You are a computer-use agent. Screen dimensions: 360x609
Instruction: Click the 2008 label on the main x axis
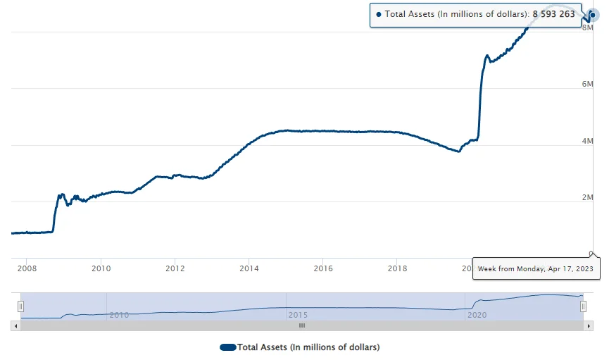[27, 268]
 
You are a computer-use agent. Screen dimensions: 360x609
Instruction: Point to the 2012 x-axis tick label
[175, 268]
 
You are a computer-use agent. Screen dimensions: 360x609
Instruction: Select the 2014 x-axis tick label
[249, 268]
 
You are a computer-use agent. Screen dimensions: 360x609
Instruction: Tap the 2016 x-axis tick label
[323, 268]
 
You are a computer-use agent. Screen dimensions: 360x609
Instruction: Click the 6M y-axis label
[587, 84]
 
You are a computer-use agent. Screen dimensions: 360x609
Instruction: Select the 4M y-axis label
[587, 141]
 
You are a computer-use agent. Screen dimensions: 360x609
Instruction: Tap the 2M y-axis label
[587, 197]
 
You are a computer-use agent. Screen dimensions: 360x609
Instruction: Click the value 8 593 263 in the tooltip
[553, 14]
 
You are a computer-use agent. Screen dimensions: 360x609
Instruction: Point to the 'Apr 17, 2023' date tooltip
[536, 268]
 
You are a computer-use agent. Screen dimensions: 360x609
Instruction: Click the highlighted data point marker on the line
[593, 14]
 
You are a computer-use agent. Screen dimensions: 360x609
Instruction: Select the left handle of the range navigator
[20, 306]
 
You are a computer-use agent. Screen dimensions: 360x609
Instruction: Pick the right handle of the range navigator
[584, 306]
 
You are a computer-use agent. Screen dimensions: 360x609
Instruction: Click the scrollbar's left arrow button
[15, 325]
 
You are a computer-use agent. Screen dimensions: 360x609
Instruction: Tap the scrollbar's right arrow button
[589, 325]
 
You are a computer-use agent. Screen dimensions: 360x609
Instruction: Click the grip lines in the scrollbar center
[302, 325]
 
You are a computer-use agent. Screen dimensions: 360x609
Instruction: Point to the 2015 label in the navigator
[298, 314]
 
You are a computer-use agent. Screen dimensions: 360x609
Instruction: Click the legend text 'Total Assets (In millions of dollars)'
[308, 347]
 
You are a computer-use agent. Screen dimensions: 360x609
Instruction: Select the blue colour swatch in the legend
[227, 347]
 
